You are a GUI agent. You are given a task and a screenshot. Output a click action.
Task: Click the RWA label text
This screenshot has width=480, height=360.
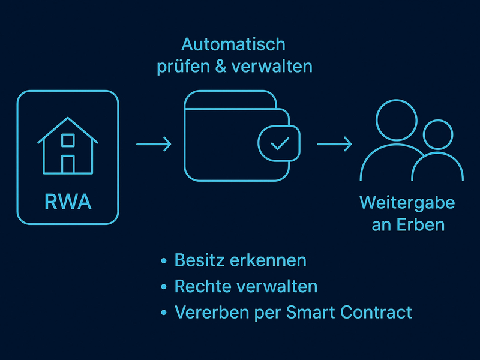click(68, 202)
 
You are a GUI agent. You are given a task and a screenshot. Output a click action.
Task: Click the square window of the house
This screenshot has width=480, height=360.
click(68, 140)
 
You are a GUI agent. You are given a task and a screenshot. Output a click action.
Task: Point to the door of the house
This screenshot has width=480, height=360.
click(68, 164)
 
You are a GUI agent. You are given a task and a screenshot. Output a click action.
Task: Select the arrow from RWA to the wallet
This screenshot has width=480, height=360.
click(154, 145)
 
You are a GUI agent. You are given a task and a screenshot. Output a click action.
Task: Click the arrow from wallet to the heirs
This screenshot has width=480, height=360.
click(334, 145)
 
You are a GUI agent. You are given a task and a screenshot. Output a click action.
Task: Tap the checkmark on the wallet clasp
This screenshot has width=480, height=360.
click(279, 144)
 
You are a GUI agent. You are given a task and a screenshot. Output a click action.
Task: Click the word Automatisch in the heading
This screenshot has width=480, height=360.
click(233, 44)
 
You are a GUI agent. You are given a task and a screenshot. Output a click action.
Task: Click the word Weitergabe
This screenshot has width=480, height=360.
click(407, 202)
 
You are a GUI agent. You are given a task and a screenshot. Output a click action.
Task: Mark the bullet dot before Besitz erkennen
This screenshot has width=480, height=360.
click(164, 262)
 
